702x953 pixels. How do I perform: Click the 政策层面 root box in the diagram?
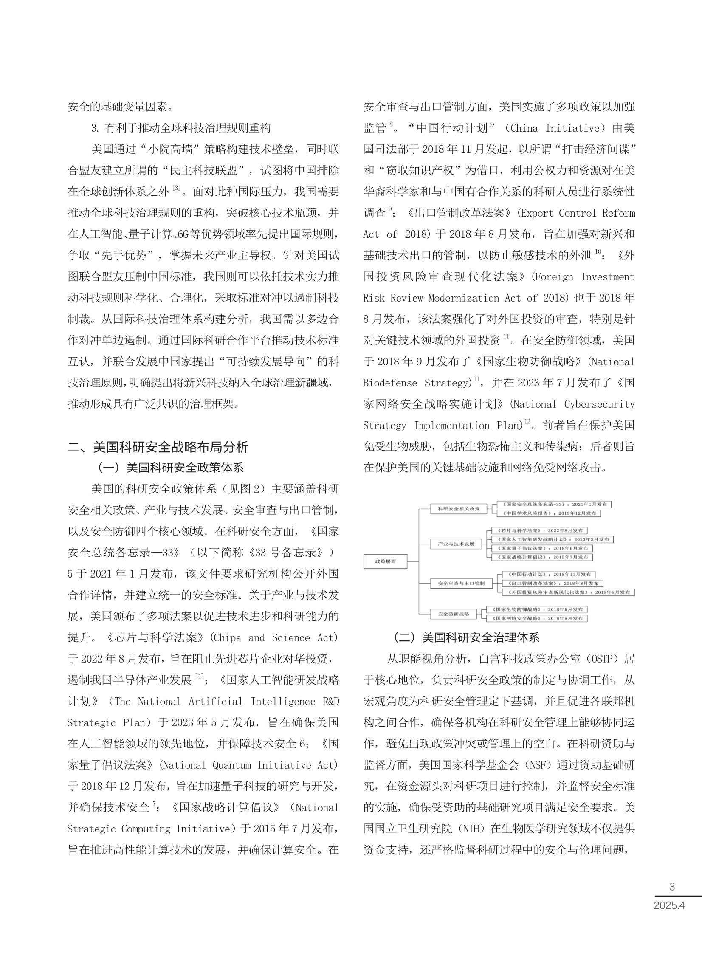coord(385,561)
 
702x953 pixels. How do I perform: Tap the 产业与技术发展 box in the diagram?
coord(456,544)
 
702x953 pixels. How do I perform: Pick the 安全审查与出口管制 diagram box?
coord(461,584)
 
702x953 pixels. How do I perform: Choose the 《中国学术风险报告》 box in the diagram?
coord(549,513)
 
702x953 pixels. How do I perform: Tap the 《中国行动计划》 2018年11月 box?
coord(548,575)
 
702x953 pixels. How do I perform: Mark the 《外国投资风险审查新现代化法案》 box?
coord(568,592)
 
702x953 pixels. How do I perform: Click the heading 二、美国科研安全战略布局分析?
coord(158,447)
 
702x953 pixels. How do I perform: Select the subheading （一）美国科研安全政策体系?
coord(170,468)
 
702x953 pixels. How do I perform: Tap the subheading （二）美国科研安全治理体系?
coord(466,637)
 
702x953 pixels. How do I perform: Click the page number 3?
coord(672,887)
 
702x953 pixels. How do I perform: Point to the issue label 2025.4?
coord(669,905)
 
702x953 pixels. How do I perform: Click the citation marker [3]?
coord(176,188)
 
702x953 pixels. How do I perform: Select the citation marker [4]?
coord(199,676)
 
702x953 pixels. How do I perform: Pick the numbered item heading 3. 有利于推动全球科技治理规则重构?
coord(180,128)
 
